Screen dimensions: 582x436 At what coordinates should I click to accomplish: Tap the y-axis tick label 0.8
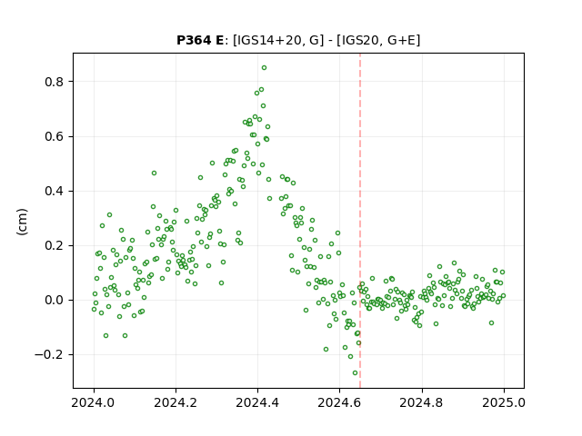point(55,82)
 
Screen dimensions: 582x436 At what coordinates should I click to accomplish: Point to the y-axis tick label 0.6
point(55,136)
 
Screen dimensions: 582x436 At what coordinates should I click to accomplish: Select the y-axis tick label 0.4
point(55,192)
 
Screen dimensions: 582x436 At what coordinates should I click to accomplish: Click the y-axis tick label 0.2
point(55,246)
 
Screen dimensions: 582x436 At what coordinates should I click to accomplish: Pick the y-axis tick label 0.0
point(55,301)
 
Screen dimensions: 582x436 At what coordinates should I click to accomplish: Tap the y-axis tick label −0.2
point(49,355)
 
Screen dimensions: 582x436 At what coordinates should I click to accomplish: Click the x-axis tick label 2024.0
point(94,402)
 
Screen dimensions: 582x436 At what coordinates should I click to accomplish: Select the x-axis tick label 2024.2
point(176,402)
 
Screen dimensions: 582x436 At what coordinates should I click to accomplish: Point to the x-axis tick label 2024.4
point(257,402)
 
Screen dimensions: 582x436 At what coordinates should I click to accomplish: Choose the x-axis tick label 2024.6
point(339,402)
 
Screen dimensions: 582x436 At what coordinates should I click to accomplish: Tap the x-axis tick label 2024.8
point(422,402)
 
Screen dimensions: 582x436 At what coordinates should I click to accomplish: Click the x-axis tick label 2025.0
point(504,402)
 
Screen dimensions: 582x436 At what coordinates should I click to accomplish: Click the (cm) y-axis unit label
point(22,222)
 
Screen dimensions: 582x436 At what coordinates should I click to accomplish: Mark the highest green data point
point(264,68)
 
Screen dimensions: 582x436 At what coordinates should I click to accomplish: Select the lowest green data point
point(356,373)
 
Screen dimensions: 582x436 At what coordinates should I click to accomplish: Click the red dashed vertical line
point(360,221)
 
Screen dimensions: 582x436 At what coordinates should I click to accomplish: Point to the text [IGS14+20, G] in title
point(276,40)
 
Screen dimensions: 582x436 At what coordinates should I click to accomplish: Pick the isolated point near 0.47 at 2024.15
point(154,173)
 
